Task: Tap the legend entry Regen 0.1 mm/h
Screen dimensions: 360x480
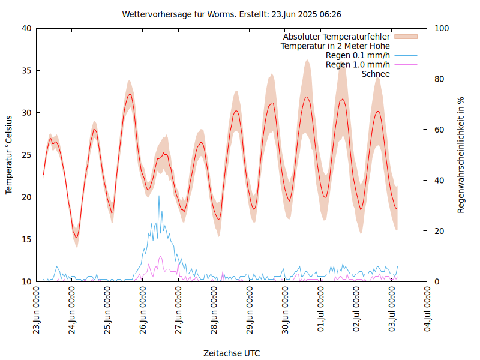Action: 358,55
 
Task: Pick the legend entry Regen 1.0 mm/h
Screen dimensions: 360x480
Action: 358,64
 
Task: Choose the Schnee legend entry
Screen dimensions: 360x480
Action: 376,74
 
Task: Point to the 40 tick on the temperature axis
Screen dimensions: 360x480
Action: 27,28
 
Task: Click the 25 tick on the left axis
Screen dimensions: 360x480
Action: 27,155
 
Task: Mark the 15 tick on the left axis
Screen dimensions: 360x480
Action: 27,239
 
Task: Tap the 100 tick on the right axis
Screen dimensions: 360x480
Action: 442,28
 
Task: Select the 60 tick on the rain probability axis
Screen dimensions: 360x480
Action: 439,130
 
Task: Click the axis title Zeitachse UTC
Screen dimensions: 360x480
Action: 232,353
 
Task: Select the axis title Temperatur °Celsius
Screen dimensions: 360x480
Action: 9,154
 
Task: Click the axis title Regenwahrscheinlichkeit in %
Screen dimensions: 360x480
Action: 461,155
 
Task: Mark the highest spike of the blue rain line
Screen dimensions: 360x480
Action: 159,196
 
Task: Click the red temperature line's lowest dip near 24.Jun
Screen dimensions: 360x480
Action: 76,238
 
